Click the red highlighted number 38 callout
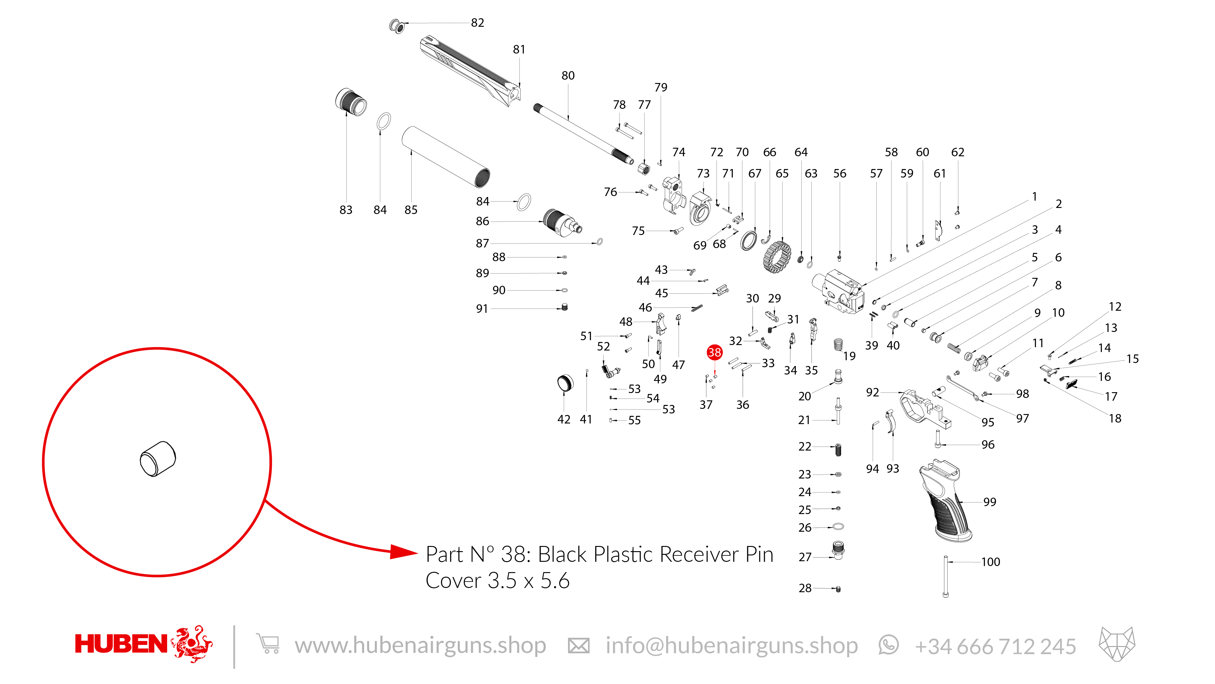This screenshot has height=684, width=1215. tap(714, 352)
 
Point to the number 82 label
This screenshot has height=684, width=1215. tap(477, 23)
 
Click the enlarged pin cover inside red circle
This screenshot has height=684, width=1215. tap(158, 459)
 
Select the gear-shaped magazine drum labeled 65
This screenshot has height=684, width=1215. tap(777, 257)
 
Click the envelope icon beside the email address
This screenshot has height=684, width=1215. tap(578, 645)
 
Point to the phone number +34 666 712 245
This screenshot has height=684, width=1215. tap(995, 646)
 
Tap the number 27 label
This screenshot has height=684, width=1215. tap(805, 558)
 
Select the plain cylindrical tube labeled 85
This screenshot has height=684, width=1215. tap(446, 157)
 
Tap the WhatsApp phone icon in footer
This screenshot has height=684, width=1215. tap(888, 645)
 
